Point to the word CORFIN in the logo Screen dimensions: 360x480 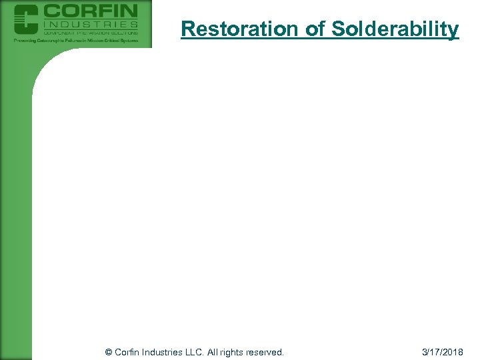coord(90,11)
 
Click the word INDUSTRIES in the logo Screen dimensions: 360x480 coord(90,24)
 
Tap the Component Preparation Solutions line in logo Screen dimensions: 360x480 coord(90,32)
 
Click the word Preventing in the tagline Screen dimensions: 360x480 coord(27,41)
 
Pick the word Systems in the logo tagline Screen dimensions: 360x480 coord(129,41)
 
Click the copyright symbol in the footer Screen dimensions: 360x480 coord(109,351)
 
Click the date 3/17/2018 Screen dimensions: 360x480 coord(443,351)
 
